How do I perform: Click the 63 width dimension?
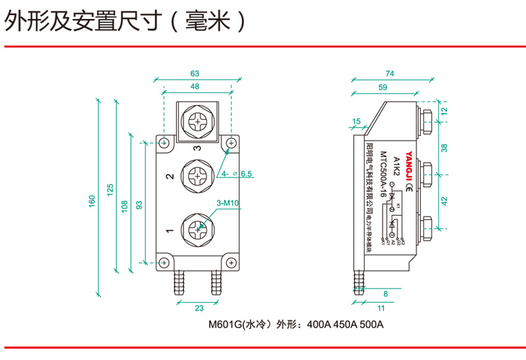tap(195, 74)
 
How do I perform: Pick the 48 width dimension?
tap(195, 86)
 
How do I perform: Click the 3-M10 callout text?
tap(227, 204)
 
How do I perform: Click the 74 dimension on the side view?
tap(390, 74)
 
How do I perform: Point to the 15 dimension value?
tap(357, 121)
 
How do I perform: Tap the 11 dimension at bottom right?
tap(381, 308)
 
